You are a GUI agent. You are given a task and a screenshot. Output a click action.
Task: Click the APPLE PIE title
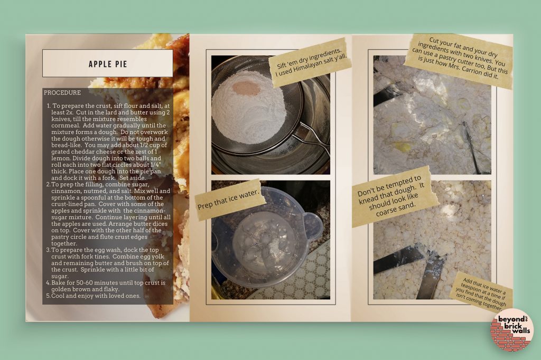pyautogui.click(x=108, y=64)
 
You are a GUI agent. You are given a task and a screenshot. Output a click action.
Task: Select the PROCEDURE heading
pyautogui.click(x=62, y=93)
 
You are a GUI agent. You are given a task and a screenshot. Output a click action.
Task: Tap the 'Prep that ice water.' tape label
pyautogui.click(x=228, y=200)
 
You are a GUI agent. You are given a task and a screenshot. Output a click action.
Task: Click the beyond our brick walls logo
pyautogui.click(x=512, y=329)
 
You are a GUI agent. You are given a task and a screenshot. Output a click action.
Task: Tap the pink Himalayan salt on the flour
pyautogui.click(x=245, y=89)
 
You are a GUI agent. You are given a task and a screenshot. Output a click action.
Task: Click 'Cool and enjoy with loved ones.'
pyautogui.click(x=96, y=296)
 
